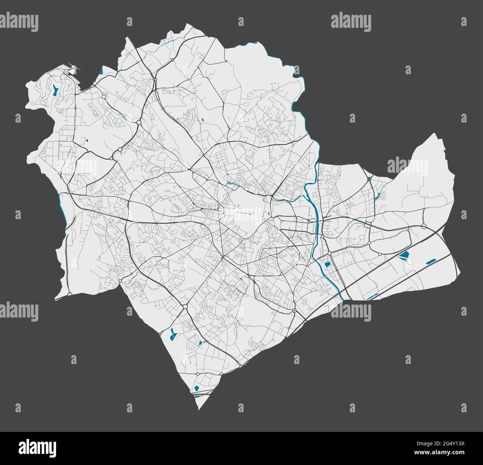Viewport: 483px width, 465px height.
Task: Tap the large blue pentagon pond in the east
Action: tap(404, 255)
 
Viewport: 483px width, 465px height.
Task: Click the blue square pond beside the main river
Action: tap(327, 265)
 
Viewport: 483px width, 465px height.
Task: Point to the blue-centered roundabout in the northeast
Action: tap(369, 179)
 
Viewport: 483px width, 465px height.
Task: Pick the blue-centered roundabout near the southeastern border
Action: tap(294, 310)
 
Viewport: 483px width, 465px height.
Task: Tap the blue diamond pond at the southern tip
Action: tap(197, 388)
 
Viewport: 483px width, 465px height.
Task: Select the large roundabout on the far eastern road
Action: tap(424, 226)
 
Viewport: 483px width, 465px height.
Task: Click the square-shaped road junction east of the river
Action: tap(367, 225)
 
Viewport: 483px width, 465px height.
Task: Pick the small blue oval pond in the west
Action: tap(87, 141)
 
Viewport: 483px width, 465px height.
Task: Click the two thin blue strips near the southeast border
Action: tap(372, 297)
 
